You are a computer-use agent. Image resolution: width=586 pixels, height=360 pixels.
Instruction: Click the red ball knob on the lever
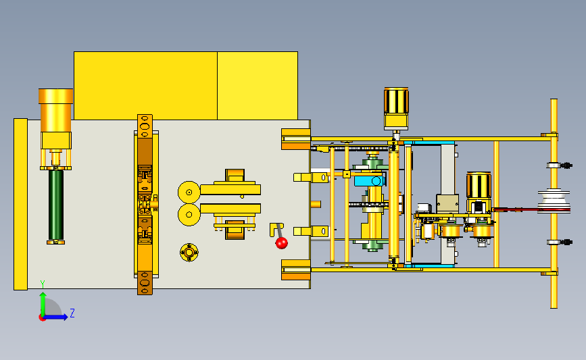pos(281,242)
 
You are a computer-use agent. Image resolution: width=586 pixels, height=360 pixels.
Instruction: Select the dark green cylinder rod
pos(55,205)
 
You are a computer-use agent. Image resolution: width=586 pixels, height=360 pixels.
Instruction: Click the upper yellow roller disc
pos(189,192)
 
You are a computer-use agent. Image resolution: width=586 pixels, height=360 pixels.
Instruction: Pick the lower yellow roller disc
pos(189,215)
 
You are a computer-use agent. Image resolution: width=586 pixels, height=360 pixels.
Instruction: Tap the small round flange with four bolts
pos(189,253)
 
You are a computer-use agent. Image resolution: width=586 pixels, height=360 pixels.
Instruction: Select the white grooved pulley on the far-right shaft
pos(554,202)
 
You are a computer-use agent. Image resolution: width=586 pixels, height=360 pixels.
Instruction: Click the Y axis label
pos(43,284)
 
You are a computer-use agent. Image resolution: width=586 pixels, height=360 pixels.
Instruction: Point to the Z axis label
pos(72,313)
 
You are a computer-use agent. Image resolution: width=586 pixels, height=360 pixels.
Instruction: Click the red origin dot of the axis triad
pos(42,318)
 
